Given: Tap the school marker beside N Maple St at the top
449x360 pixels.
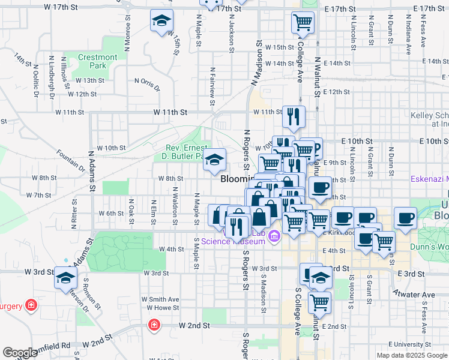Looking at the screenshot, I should [161, 22].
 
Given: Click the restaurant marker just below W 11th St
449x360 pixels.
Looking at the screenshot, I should [294, 118].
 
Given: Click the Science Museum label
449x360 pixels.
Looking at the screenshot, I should [232, 241].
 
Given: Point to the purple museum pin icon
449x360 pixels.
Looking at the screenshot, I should [274, 236].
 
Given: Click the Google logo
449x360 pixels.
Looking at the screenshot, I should [20, 353].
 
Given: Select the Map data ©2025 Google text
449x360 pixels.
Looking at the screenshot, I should [412, 355].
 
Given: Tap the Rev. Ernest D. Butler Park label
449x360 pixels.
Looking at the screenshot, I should [187, 152].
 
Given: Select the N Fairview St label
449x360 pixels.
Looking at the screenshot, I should [212, 86].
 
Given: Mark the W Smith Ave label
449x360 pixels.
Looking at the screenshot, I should [160, 299].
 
